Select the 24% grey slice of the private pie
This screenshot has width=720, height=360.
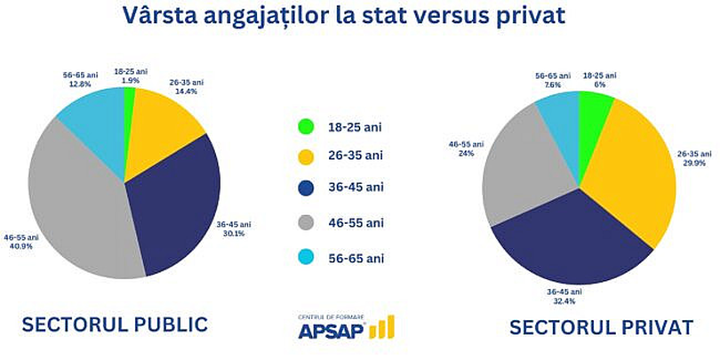coord(524,169)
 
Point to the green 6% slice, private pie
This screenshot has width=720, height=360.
coord(594,111)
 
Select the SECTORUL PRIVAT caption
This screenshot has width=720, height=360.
coord(600,327)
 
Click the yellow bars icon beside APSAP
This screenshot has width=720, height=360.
coord(382,327)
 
